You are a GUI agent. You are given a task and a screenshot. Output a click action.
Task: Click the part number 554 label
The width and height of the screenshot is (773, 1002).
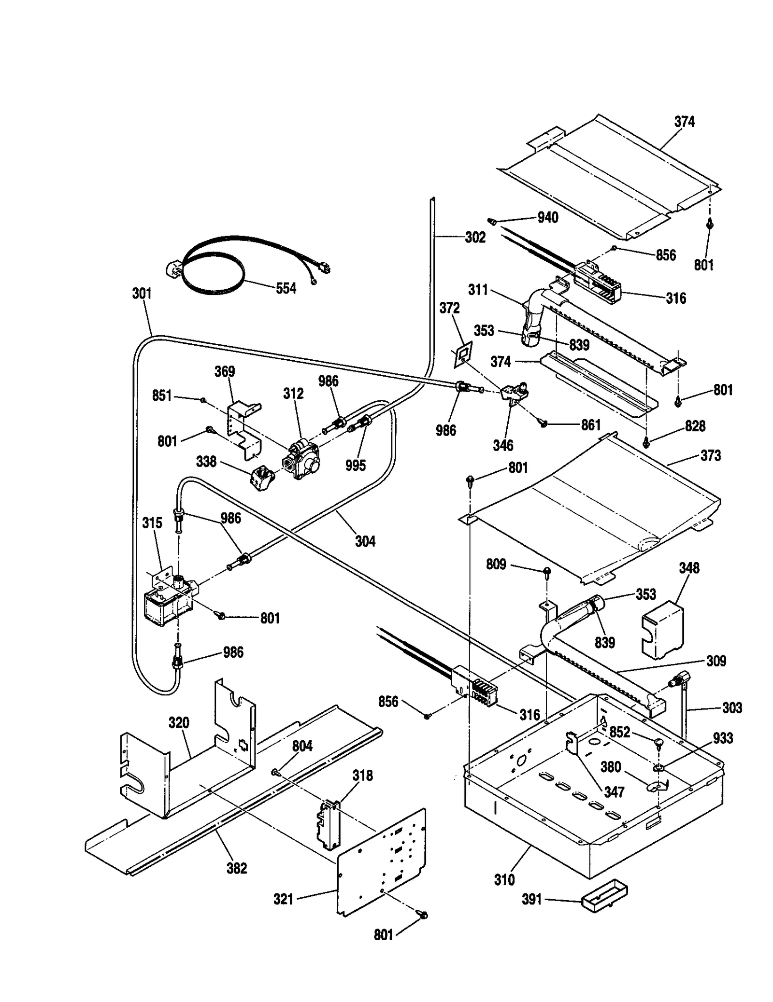tap(286, 288)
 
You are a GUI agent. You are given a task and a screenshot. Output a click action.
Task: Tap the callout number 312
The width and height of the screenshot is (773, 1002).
tap(293, 394)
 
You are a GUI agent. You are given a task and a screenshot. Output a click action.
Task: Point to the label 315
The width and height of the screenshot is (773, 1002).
tap(152, 523)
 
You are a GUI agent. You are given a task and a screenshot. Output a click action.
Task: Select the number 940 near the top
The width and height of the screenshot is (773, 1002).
tap(548, 218)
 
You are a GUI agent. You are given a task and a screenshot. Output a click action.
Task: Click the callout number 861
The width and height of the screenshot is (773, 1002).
tap(590, 425)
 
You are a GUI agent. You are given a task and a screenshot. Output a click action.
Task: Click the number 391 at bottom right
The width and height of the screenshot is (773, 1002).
tap(532, 900)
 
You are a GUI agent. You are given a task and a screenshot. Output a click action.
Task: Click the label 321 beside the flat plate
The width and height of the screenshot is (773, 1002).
tap(284, 899)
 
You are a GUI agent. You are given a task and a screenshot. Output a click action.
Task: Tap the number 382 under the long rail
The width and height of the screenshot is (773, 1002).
tap(237, 868)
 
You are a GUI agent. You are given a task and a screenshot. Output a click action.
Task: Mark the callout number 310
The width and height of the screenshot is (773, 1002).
tap(504, 880)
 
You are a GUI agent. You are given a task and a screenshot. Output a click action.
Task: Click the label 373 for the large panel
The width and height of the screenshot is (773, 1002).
tap(710, 455)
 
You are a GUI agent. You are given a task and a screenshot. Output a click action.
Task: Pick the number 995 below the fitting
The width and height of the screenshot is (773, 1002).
tap(356, 466)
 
